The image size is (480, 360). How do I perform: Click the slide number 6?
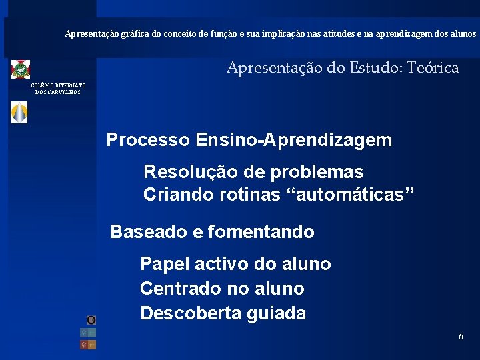click(x=461, y=337)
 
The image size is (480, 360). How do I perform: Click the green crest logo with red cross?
click(x=21, y=69)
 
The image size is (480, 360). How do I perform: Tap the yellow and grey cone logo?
click(x=20, y=113)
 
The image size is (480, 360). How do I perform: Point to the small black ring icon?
click(x=91, y=320)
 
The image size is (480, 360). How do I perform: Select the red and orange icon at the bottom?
click(x=88, y=345)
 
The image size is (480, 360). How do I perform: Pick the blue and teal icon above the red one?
click(x=88, y=332)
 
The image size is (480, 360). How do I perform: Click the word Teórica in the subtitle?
click(x=433, y=67)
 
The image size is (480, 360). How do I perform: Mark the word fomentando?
click(x=261, y=232)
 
